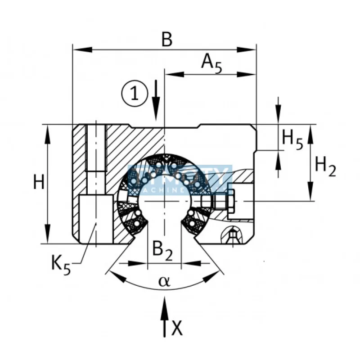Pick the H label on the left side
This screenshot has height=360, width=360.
[40, 184]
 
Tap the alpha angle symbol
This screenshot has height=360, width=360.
[165, 282]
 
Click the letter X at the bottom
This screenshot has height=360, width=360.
[177, 329]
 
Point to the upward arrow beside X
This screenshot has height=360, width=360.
[165, 315]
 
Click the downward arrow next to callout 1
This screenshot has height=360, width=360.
[155, 101]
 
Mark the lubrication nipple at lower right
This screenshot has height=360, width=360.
[232, 234]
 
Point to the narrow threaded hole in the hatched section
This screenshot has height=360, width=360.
[95, 148]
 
